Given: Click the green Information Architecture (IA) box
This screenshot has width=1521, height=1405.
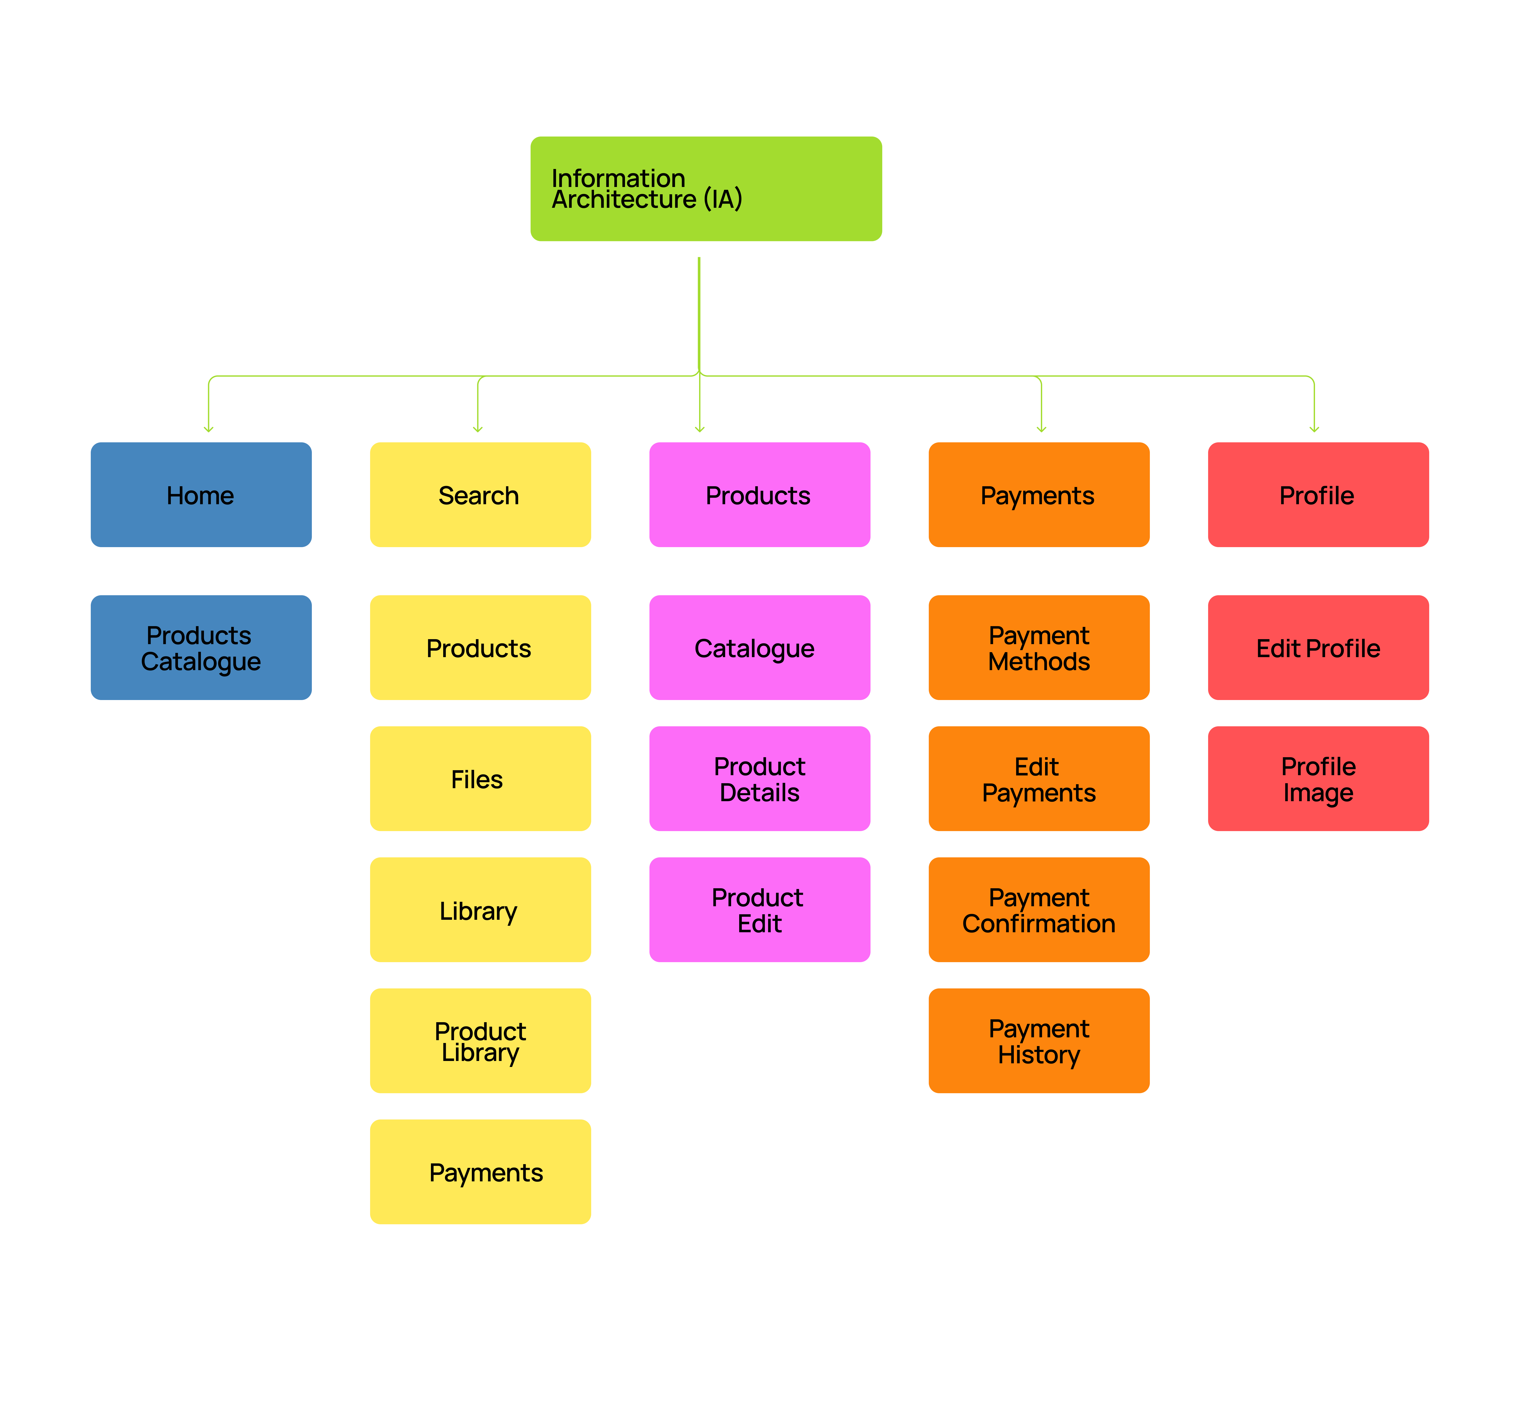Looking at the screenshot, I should (706, 189).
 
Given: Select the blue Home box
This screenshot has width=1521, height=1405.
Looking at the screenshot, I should (201, 495).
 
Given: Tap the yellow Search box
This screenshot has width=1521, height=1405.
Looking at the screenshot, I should (480, 495).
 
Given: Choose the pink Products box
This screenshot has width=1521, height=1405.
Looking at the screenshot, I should (759, 495).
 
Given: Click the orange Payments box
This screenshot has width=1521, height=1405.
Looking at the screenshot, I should (1038, 495).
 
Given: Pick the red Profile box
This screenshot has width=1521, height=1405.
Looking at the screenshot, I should (1318, 495).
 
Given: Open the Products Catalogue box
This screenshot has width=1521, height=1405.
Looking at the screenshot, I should (201, 648).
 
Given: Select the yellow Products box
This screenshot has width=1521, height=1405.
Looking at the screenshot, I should (480, 648).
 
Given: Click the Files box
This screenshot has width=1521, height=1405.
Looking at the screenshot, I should (480, 779).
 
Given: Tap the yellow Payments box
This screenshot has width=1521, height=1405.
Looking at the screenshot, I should (480, 1171).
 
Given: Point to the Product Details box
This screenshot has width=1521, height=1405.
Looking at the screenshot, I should (759, 779).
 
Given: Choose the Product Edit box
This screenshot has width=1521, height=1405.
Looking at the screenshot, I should (759, 910).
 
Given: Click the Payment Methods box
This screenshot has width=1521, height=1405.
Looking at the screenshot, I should (1038, 648).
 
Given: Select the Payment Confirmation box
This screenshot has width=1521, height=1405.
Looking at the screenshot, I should (1038, 910).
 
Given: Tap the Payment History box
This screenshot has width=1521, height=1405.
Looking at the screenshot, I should (1038, 1041).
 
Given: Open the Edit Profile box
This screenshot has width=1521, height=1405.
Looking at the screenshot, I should (1318, 648).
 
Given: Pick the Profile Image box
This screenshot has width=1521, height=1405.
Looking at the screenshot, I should (1318, 779).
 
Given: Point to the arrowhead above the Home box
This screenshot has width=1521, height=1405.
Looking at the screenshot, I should (208, 429).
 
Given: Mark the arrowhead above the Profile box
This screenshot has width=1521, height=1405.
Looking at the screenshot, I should (1314, 429).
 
